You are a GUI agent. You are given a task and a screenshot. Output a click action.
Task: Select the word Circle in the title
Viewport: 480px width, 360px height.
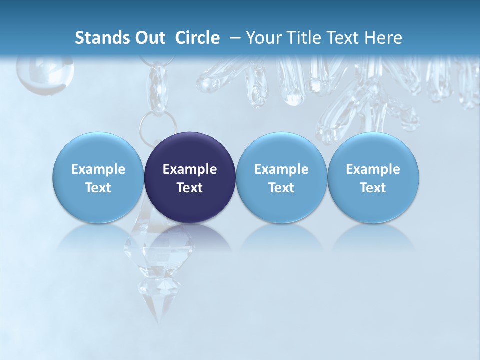[x=197, y=38]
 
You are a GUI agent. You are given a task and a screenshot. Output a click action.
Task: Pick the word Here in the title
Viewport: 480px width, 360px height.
[x=383, y=38]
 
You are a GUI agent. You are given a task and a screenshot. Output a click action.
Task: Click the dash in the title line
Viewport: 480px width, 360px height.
[x=233, y=38]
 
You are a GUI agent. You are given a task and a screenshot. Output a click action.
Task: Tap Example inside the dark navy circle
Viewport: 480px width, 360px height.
[x=190, y=169]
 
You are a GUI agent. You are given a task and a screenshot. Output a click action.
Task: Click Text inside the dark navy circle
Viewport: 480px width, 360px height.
[x=190, y=188]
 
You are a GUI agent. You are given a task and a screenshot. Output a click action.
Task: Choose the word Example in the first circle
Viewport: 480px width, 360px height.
[x=98, y=169]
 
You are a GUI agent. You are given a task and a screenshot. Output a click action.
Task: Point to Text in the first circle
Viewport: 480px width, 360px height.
[x=98, y=188]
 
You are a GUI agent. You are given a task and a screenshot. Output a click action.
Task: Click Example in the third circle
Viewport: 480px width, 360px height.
[x=281, y=169]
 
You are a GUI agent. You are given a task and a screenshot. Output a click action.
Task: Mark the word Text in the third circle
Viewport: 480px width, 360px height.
[x=281, y=188]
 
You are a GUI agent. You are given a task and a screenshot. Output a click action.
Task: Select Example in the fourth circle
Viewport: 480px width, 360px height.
[x=373, y=169]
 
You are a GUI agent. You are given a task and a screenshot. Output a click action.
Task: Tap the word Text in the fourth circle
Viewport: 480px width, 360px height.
[x=373, y=188]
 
